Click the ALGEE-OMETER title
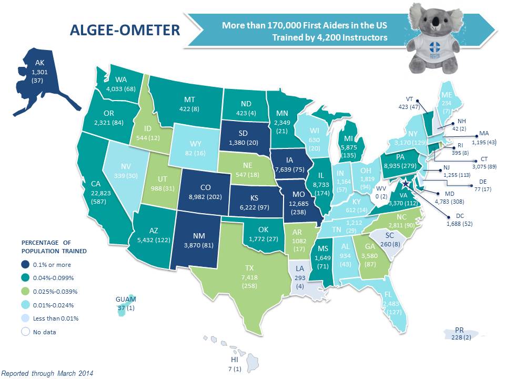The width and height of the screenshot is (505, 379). (x=125, y=30)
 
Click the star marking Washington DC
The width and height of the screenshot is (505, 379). (x=406, y=184)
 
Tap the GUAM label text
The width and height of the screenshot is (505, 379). (x=125, y=301)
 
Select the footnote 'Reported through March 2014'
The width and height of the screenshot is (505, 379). (x=48, y=373)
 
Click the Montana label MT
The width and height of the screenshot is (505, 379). (x=190, y=98)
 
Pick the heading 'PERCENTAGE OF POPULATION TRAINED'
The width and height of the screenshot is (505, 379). (x=54, y=247)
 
